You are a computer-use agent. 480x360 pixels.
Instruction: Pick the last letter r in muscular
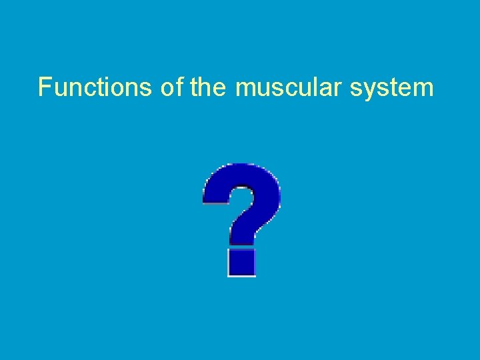pos(335,89)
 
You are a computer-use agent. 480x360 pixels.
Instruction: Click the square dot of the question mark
pos(242,262)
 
